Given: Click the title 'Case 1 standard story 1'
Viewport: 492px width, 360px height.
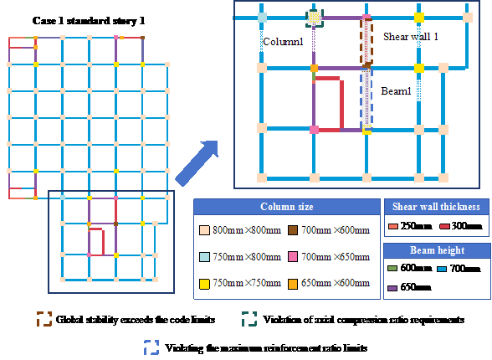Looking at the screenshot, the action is pyautogui.click(x=89, y=21).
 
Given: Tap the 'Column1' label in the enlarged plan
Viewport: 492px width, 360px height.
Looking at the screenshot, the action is pyautogui.click(x=283, y=42).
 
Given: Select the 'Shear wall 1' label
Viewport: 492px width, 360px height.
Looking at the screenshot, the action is pyautogui.click(x=410, y=37).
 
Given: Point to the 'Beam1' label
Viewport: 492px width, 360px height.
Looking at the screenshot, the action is pyautogui.click(x=396, y=91).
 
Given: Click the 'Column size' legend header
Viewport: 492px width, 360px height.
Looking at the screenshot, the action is pyautogui.click(x=287, y=207).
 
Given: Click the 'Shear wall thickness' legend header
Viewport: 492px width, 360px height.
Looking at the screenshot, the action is pyautogui.click(x=436, y=207).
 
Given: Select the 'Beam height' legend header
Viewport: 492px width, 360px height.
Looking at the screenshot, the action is pyautogui.click(x=438, y=250).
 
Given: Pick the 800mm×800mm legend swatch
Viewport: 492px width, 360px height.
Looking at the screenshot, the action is pyautogui.click(x=204, y=230).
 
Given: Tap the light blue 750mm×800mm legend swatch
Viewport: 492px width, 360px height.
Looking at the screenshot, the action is pyautogui.click(x=204, y=257).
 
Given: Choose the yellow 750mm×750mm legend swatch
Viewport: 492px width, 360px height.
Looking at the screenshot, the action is pyautogui.click(x=204, y=284).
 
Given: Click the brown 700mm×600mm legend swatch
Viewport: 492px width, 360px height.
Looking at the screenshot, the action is pyautogui.click(x=293, y=230).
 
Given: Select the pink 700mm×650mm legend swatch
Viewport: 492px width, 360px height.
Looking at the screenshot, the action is pyautogui.click(x=293, y=257).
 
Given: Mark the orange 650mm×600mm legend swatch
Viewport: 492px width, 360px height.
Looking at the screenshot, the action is pyautogui.click(x=293, y=284).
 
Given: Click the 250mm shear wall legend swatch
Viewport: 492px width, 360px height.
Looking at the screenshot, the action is pyautogui.click(x=393, y=226).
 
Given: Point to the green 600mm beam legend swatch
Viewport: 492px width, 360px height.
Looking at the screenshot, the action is pyautogui.click(x=392, y=269).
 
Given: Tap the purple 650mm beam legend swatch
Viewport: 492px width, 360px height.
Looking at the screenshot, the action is pyautogui.click(x=392, y=288).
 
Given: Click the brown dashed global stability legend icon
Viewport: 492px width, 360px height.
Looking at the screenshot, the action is pyautogui.click(x=44, y=319).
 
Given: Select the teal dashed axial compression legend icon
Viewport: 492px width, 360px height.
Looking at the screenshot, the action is pyautogui.click(x=249, y=319).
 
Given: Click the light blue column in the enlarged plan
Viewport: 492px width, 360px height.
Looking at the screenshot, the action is pyautogui.click(x=262, y=18).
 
